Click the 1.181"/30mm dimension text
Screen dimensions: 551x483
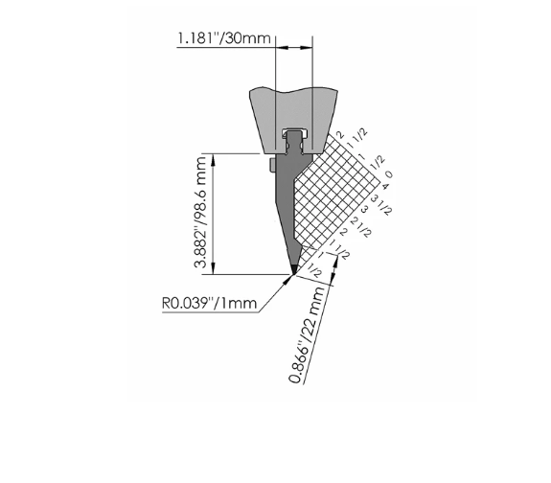click(224, 38)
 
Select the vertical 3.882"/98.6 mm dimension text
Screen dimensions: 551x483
click(201, 213)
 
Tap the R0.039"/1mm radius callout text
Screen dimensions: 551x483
click(210, 303)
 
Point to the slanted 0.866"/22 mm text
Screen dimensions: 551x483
click(307, 334)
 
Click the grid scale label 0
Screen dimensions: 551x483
click(389, 174)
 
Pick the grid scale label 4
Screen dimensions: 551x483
click(385, 186)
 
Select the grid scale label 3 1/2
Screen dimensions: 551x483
click(381, 204)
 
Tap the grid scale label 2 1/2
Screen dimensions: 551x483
click(361, 227)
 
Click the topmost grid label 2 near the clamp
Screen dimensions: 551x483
click(339, 134)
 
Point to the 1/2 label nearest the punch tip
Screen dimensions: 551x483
click(314, 270)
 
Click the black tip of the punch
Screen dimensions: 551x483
click(294, 268)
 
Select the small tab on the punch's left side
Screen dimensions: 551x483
click(272, 165)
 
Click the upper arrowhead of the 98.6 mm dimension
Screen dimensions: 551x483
click(213, 160)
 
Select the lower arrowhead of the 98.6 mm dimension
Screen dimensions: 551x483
click(213, 268)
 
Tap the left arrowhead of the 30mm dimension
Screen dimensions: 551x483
click(282, 47)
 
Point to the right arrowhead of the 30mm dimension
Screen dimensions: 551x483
click(306, 47)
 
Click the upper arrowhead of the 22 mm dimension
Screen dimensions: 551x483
click(335, 262)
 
